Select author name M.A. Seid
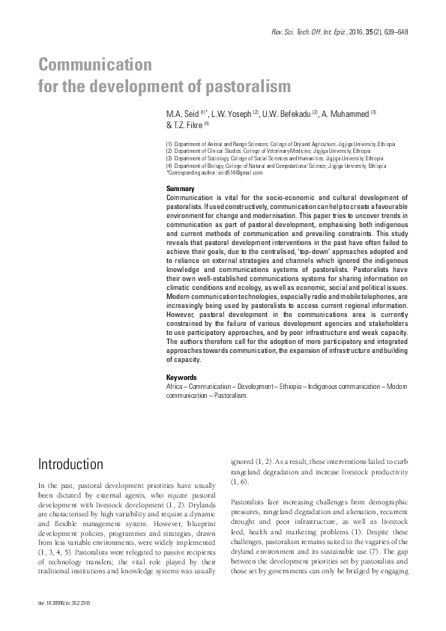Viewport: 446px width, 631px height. [182, 113]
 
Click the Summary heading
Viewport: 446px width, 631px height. [180, 188]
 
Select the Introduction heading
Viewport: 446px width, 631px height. [70, 464]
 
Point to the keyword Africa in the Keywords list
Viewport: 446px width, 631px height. [174, 384]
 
